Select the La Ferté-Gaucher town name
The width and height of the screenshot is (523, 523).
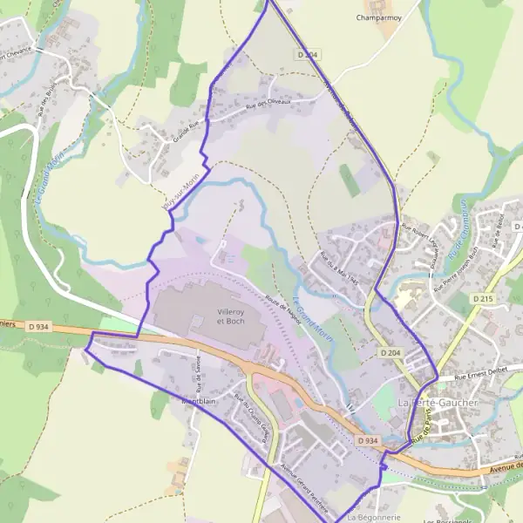coord(438,403)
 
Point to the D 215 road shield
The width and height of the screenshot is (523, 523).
coord(484,298)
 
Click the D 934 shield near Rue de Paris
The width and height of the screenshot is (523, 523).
coord(368,441)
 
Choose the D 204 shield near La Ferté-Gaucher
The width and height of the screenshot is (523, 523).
coord(390,352)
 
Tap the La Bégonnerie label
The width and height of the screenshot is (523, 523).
coord(372,517)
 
